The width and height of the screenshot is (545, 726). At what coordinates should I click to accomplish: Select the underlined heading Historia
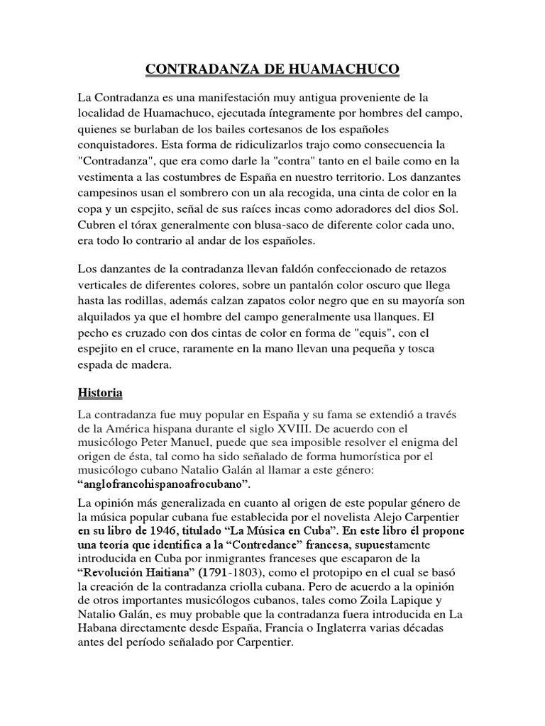pos(99,392)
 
